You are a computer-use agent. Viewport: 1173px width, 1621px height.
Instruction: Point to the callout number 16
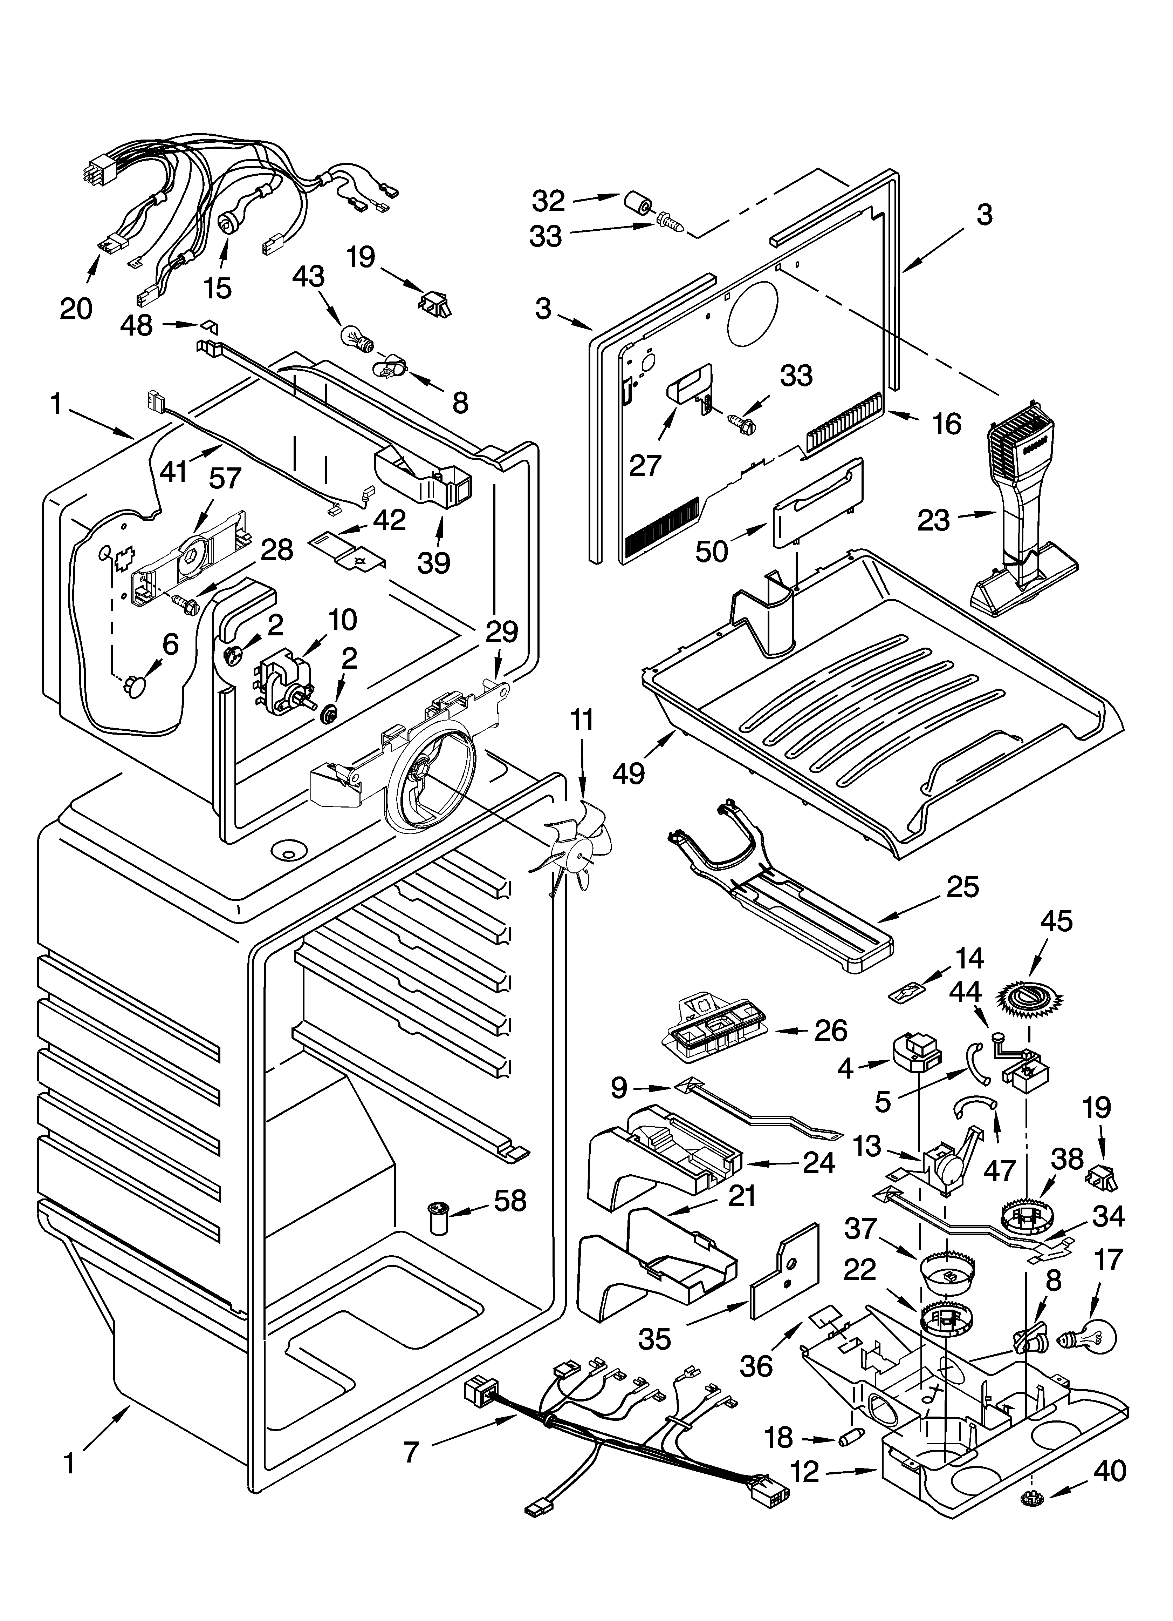947,423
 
